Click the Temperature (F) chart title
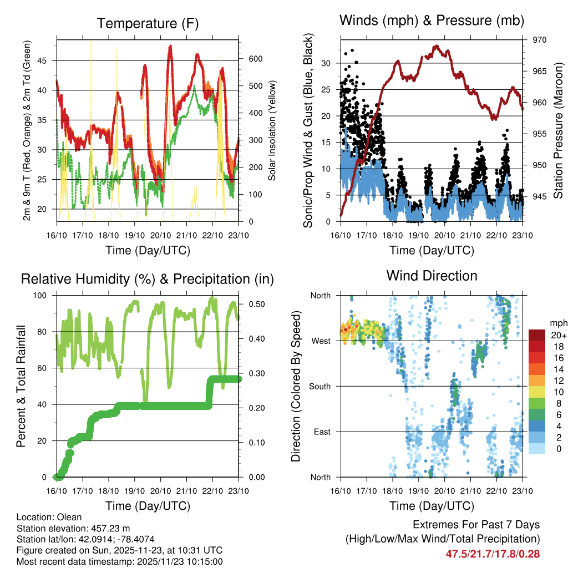coord(148,23)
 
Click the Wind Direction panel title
coord(432,275)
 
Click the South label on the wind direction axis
coord(320,386)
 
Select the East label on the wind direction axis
coord(322,432)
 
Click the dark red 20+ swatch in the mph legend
coord(537,335)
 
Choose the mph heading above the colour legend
coord(557,323)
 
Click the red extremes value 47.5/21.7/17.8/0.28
coord(493,554)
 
